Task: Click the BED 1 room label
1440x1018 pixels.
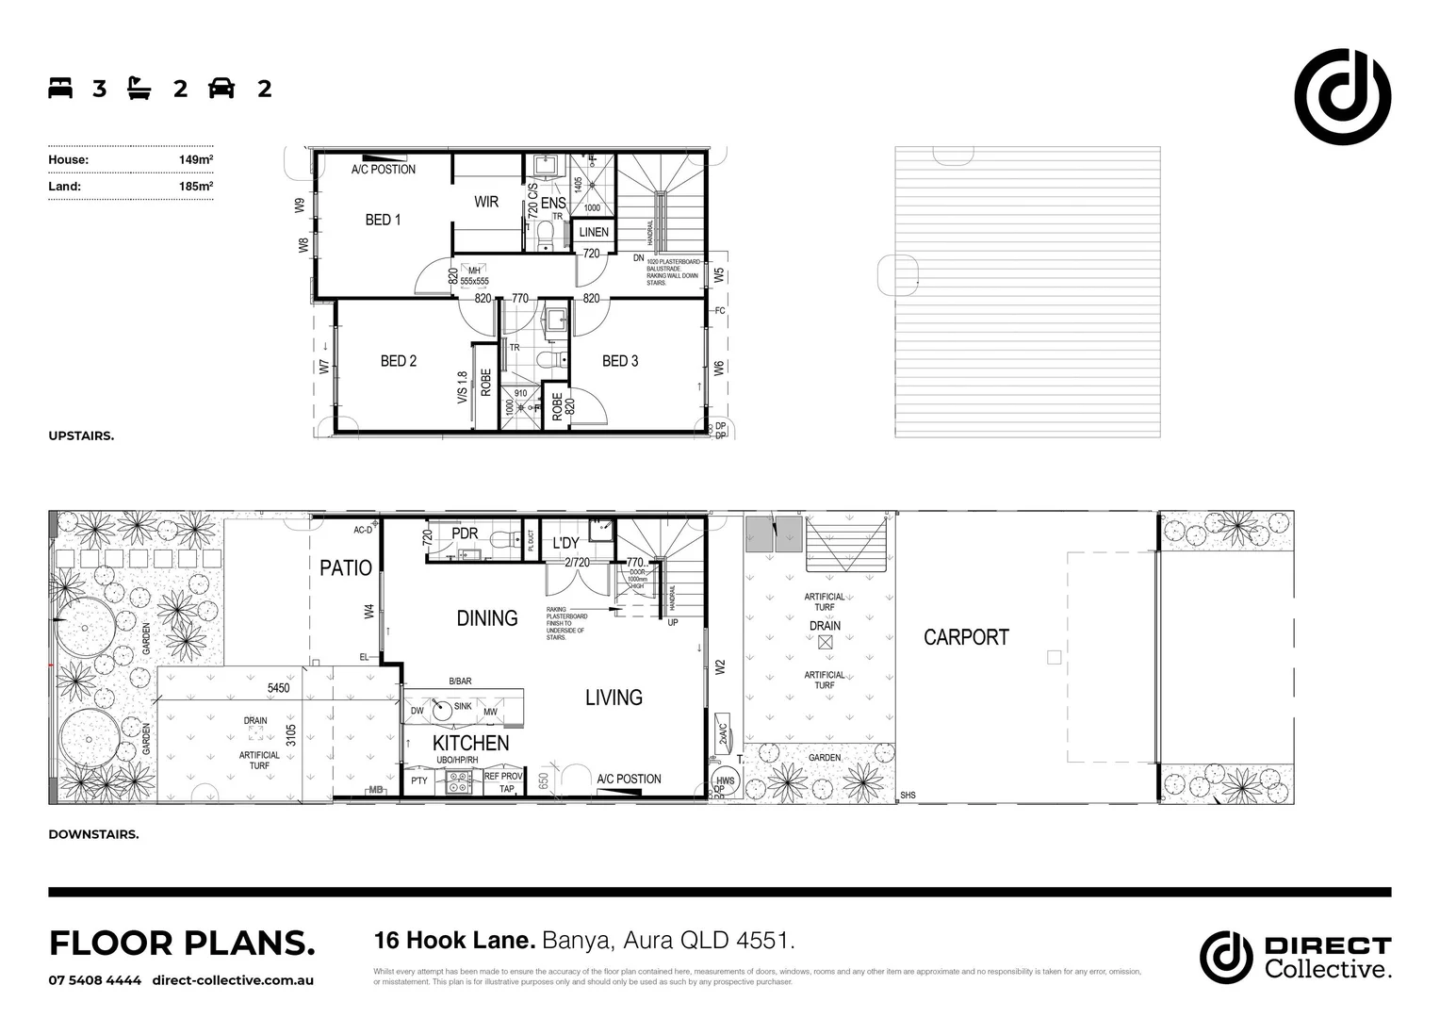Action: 383,220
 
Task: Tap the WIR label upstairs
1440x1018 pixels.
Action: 486,202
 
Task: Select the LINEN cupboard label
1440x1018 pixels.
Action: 594,232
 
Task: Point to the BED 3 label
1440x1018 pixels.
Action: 620,361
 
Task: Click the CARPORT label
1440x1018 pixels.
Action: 966,637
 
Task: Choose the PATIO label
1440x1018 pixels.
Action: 346,567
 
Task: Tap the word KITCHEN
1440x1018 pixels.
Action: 471,743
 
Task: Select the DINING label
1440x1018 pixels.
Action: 487,618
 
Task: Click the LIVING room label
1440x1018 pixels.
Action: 614,698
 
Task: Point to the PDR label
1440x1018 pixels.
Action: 465,534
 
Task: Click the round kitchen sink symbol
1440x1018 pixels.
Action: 443,711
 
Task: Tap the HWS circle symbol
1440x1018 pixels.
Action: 725,780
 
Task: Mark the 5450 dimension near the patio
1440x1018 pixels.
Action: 279,688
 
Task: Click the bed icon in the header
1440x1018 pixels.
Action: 60,89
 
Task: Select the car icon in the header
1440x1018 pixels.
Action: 221,89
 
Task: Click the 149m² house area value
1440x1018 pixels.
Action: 196,159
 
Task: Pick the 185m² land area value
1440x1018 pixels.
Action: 196,187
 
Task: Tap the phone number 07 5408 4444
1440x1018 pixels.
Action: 95,980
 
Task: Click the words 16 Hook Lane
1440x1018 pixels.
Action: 454,941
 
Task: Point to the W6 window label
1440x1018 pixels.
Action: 719,369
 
